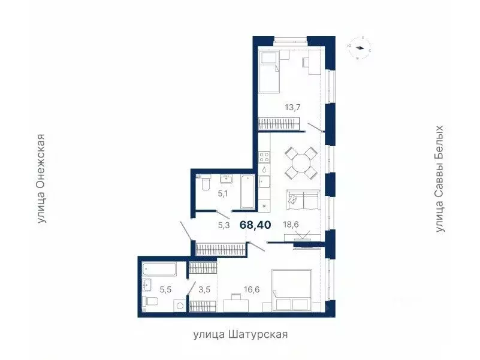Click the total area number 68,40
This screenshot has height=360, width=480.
(255, 225)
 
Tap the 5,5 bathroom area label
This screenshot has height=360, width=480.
(166, 289)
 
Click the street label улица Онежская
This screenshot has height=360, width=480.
(41, 179)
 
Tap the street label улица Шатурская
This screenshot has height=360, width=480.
(240, 334)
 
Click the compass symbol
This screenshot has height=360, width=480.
(360, 48)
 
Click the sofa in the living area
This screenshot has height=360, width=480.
(303, 200)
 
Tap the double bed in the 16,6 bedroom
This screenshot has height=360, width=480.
(291, 291)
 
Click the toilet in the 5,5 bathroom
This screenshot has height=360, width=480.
(152, 302)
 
